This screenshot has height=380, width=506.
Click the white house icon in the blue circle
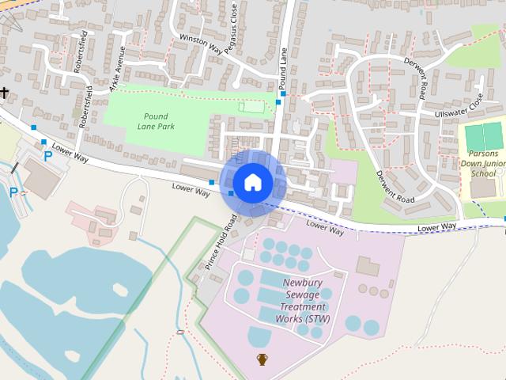(x=252, y=182)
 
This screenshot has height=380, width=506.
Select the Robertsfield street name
(x=80, y=55)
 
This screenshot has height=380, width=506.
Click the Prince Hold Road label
(x=221, y=241)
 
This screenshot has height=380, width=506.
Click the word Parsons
(x=482, y=154)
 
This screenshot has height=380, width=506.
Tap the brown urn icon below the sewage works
(x=262, y=360)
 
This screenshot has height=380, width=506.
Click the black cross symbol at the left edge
(x=4, y=92)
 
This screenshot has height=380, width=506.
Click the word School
(x=483, y=173)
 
